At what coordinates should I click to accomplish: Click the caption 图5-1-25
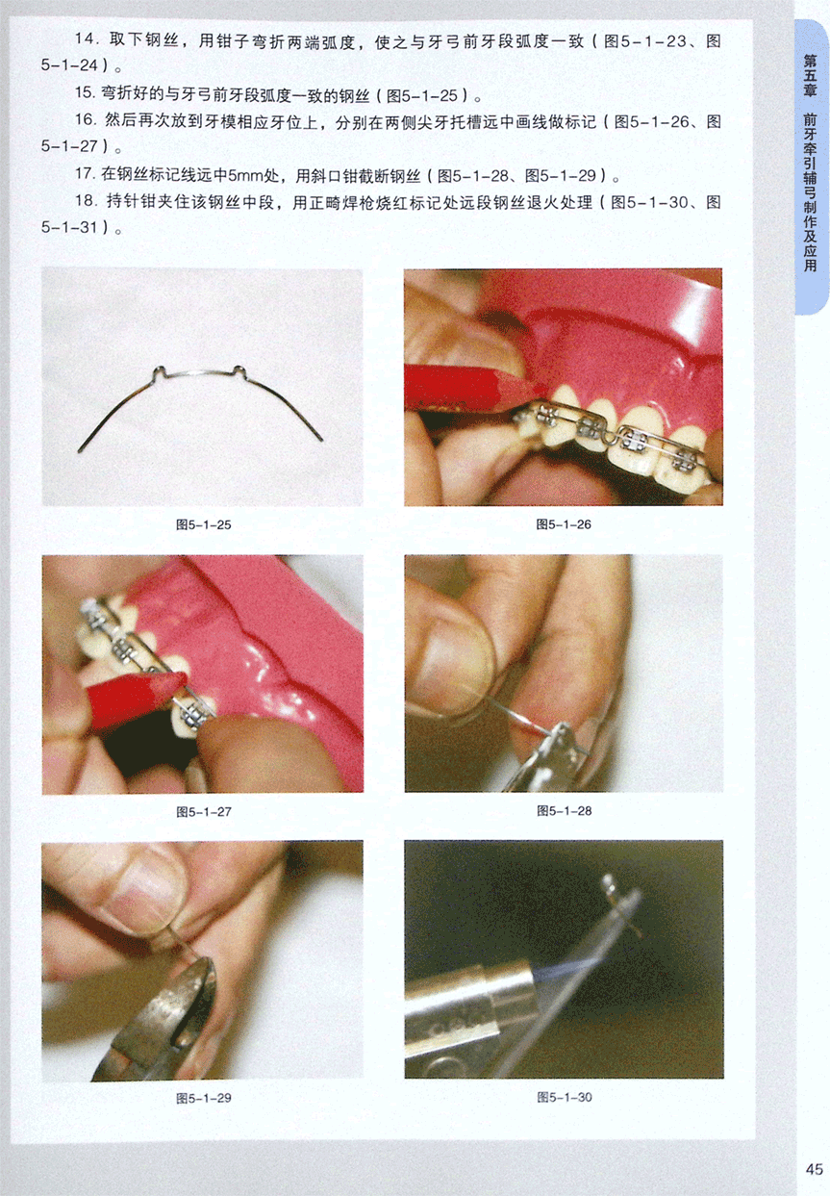coord(203,524)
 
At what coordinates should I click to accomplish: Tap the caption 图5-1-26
coord(564,524)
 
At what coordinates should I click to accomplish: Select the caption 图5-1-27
coord(204,812)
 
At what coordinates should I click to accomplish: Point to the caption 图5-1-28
coord(565,811)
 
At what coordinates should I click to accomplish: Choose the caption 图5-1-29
coord(203,1098)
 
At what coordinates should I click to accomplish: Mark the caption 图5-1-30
coord(565,1097)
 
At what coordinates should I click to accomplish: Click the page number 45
coord(815,1169)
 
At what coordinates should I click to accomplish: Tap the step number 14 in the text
coord(86,39)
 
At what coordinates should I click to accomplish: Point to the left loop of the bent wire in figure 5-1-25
coord(158,372)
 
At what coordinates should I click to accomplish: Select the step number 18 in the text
coord(86,201)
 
